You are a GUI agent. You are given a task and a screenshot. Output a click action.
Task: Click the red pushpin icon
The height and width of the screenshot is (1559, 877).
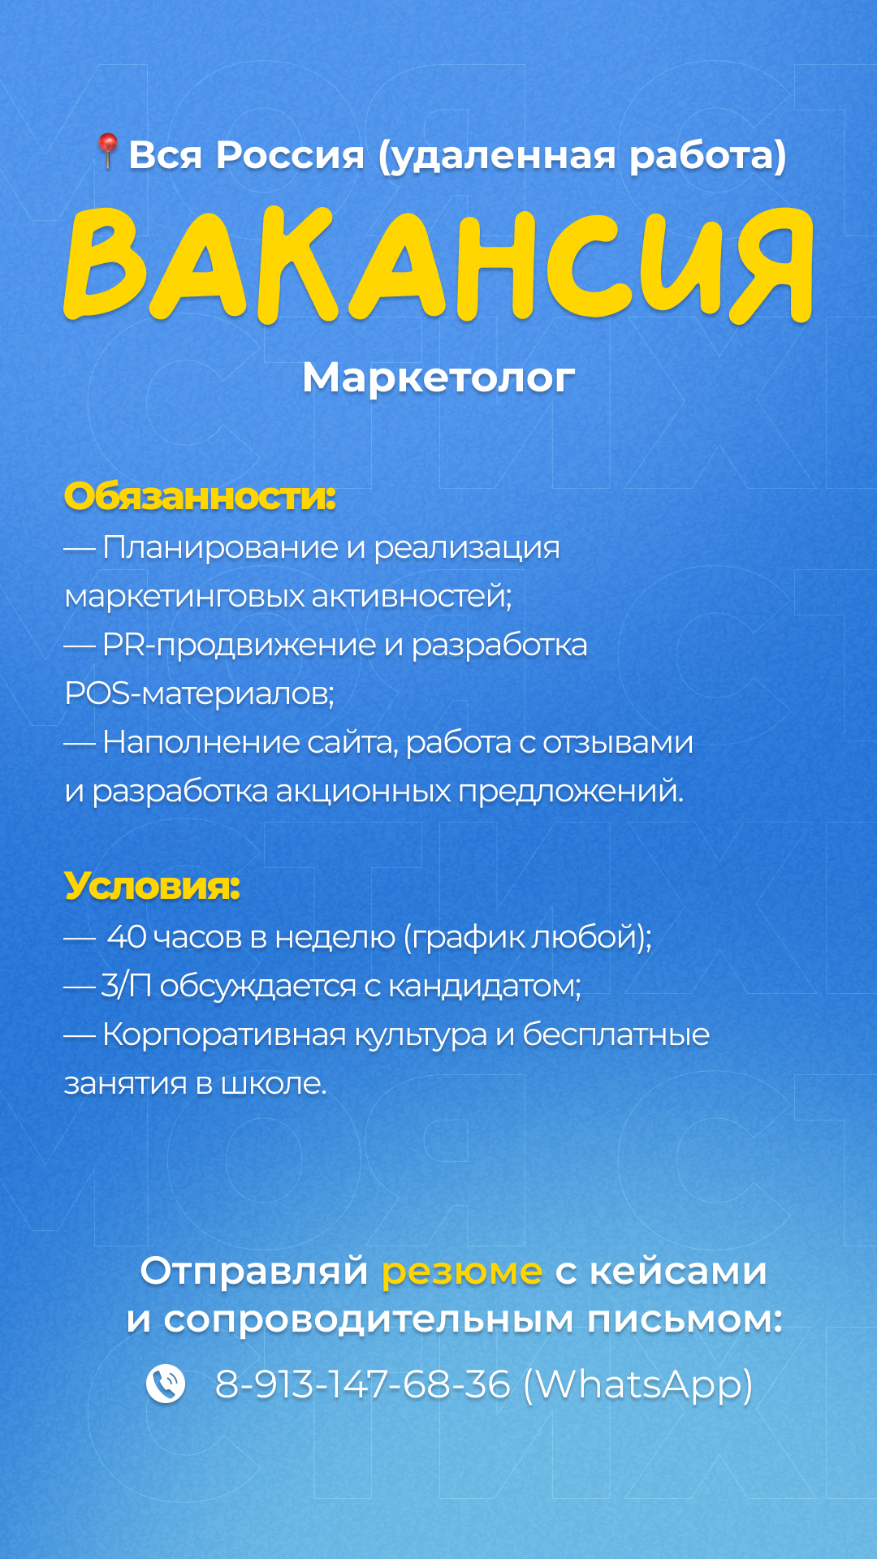(107, 151)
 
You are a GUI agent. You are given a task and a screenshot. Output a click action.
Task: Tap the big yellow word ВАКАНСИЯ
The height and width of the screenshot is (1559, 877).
(438, 265)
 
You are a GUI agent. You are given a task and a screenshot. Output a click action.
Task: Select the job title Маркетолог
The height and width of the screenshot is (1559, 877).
(438, 378)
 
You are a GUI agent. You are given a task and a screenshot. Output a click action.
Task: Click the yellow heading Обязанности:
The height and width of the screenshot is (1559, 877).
(200, 496)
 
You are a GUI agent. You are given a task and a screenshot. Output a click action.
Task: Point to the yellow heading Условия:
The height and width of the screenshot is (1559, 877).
(152, 886)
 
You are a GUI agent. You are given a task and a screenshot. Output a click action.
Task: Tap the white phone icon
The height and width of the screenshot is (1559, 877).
(166, 1384)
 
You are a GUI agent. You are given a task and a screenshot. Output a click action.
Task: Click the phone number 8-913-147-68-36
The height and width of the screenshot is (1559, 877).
(362, 1384)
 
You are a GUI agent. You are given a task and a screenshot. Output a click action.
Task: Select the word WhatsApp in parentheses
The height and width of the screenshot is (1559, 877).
(638, 1385)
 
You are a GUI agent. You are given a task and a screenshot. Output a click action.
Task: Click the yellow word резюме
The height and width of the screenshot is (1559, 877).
(462, 1272)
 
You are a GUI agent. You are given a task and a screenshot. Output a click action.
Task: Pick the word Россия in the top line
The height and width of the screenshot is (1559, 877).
(290, 154)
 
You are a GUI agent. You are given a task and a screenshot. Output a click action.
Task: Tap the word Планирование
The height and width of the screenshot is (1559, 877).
(220, 548)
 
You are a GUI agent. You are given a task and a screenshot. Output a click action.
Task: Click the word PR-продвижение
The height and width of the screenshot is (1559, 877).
(240, 646)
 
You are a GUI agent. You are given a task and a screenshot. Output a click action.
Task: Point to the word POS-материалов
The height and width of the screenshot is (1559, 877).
(199, 693)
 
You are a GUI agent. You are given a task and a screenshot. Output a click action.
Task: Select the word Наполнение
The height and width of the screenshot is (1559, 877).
(201, 742)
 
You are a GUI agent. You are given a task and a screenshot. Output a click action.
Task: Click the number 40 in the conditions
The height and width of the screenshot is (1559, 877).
(127, 937)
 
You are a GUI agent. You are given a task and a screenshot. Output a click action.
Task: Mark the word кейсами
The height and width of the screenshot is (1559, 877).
(678, 1272)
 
